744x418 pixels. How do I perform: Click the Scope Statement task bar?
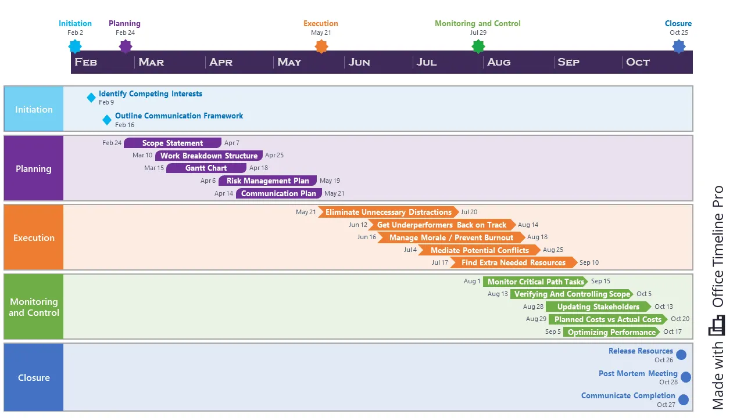click(173, 143)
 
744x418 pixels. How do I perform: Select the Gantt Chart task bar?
click(206, 168)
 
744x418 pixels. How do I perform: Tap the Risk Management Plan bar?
click(267, 181)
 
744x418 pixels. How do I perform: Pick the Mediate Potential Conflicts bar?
click(480, 250)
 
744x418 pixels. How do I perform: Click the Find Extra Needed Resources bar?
click(513, 262)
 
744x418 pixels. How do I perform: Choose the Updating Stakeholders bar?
click(598, 307)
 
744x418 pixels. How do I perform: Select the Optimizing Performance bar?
click(611, 332)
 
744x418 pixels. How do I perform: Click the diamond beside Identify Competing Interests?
click(91, 98)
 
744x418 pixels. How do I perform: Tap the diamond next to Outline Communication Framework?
click(107, 120)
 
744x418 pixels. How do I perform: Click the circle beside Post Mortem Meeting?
click(686, 377)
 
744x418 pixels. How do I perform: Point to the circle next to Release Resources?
click(681, 355)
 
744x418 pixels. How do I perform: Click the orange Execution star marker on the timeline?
click(321, 46)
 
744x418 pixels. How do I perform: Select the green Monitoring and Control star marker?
click(478, 46)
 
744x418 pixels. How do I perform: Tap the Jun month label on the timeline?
click(359, 62)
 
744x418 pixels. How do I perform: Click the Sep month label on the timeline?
click(568, 62)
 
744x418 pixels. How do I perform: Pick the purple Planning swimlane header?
click(34, 168)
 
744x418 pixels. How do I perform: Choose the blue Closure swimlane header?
click(34, 377)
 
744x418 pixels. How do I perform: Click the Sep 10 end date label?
click(589, 263)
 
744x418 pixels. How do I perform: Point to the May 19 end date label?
click(330, 181)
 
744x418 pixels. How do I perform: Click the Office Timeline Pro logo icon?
click(717, 326)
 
